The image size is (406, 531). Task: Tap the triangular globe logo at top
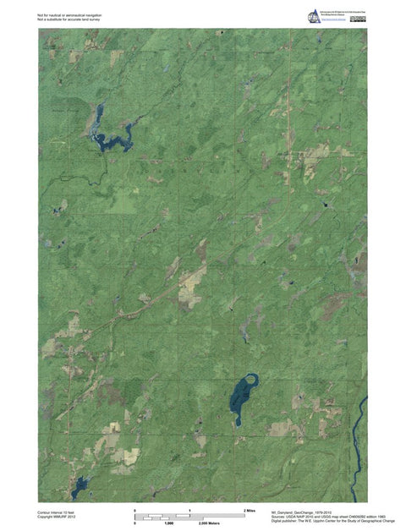pos(315,16)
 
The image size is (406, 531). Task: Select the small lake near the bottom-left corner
pos(80,485)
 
